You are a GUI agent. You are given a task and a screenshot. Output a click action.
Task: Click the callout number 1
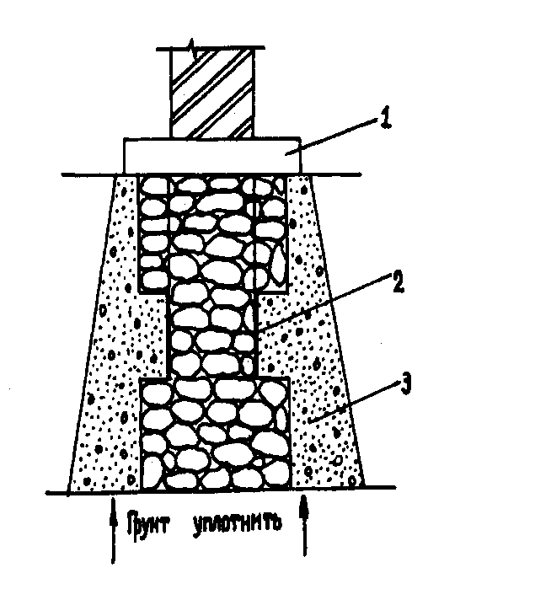tap(385, 119)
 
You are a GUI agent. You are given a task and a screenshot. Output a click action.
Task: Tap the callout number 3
tap(407, 385)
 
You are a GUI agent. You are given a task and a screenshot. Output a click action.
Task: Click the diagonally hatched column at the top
tap(211, 93)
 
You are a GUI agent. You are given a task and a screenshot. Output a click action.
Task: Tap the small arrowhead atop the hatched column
tap(195, 53)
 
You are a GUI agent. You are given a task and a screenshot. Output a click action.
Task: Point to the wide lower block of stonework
tap(214, 434)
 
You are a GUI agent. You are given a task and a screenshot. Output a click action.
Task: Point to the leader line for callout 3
tap(354, 400)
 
